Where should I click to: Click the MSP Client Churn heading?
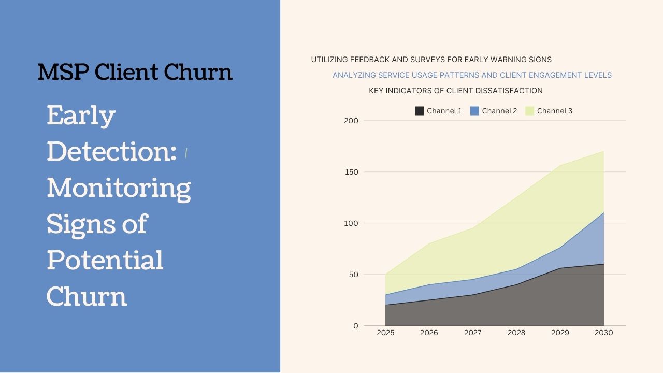point(135,72)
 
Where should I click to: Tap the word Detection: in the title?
point(111,151)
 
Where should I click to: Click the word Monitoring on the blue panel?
point(119,188)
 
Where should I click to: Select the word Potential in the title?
point(105,260)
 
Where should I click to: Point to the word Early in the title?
point(81,116)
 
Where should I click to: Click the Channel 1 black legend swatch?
point(420,111)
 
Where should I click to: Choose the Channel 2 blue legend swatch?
point(474,111)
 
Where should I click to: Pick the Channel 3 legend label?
point(554,111)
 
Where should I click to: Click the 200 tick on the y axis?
point(351,121)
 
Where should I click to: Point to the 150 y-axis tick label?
point(351,172)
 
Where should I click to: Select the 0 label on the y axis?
point(355,326)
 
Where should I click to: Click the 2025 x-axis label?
point(385,333)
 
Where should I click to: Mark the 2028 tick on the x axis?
point(516,333)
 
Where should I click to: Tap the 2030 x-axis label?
point(603,333)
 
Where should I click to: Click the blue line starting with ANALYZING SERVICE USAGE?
point(472,75)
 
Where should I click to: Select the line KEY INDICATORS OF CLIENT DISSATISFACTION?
point(456,91)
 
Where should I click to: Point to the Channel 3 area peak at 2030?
point(603,151)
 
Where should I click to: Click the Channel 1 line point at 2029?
point(560,268)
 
